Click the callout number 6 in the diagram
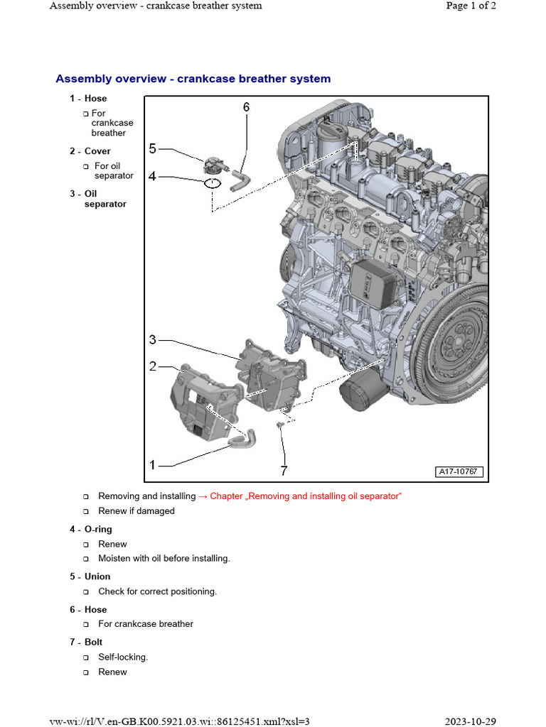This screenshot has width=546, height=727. [x=246, y=107]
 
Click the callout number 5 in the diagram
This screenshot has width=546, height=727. [x=153, y=148]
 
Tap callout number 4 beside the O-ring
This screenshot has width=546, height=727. [x=153, y=175]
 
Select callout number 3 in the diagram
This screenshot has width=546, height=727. [x=153, y=339]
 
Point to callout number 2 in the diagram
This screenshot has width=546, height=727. [x=153, y=366]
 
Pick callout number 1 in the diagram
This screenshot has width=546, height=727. [x=153, y=465]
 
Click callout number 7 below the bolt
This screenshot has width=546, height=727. [x=284, y=471]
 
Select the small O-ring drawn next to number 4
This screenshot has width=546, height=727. [x=211, y=184]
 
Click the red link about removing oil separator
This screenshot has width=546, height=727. [x=306, y=496]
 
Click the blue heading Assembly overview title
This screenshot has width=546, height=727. [x=193, y=79]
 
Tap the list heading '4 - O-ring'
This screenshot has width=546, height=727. [x=90, y=529]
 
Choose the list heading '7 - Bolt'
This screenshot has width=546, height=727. [x=86, y=642]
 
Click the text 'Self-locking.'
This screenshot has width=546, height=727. [x=123, y=657]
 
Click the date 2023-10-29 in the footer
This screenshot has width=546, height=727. [x=471, y=721]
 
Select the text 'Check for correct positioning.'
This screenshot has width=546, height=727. [x=157, y=591]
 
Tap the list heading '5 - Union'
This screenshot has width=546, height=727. [x=90, y=576]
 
